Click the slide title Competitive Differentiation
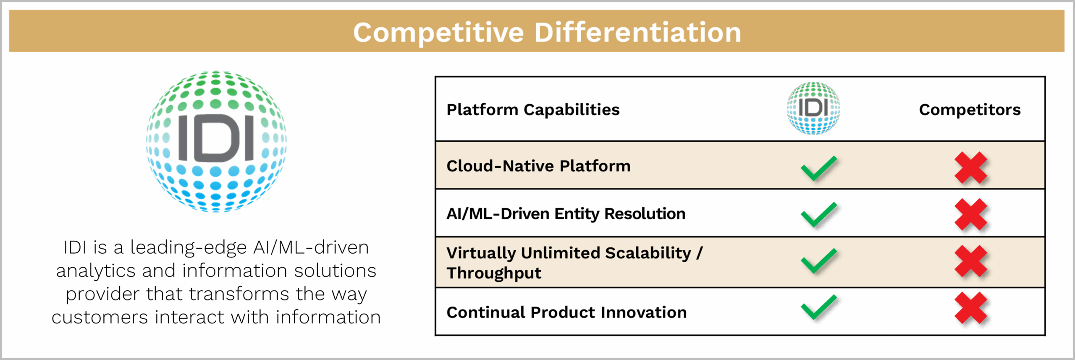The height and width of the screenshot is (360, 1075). (547, 32)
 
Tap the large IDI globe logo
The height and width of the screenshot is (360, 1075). (216, 142)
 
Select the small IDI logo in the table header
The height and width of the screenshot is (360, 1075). (813, 108)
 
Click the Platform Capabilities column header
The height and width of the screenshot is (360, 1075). (533, 110)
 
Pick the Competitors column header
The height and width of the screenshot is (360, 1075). (970, 110)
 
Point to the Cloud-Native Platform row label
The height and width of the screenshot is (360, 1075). (538, 166)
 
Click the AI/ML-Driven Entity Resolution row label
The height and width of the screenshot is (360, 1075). (566, 214)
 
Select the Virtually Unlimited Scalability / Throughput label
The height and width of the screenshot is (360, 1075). (574, 263)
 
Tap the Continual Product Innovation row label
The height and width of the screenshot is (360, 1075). (566, 312)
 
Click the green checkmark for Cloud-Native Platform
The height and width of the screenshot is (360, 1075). (818, 168)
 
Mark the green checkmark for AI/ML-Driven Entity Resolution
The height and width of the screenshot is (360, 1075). (818, 215)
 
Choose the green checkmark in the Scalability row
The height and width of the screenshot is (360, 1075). (818, 261)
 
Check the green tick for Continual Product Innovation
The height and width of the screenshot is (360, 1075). (818, 307)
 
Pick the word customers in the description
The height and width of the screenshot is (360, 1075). (100, 317)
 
